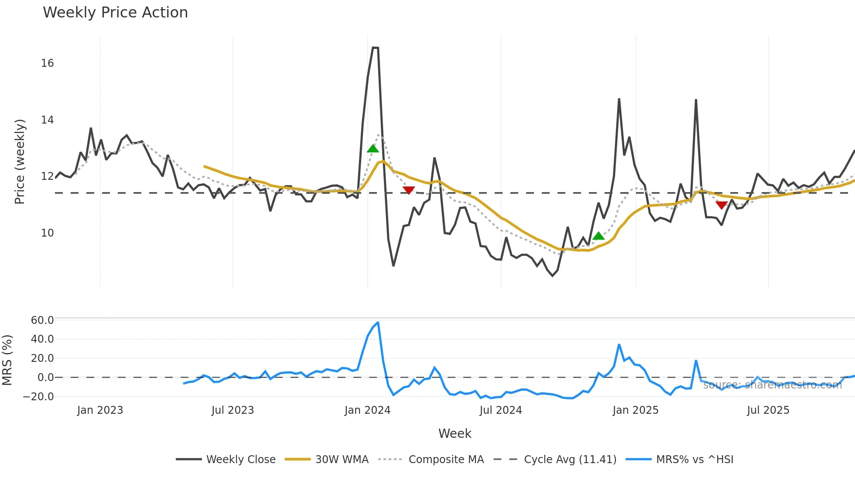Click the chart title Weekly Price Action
pos(115,13)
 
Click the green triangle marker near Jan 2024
pos(373,148)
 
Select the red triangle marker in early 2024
pos(409,190)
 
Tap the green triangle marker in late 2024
pos(598,236)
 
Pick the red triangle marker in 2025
pos(722,205)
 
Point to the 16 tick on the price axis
pos(48,63)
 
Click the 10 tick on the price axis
pos(48,233)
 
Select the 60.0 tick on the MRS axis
pos(42,320)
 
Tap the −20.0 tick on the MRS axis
pos(38,397)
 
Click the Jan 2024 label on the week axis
pos(367,410)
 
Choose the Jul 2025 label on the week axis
pos(768,410)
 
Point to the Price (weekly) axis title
pos(20,161)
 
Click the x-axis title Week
pos(455,433)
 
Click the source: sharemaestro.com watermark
pos(772,385)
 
